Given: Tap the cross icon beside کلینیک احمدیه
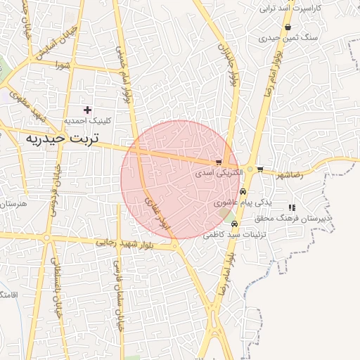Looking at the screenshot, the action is pyautogui.click(x=88, y=110).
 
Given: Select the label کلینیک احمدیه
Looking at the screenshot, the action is pyautogui.click(x=88, y=121).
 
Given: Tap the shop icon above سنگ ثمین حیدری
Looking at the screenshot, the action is pyautogui.click(x=288, y=27).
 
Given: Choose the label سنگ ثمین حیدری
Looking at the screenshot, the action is pyautogui.click(x=288, y=38).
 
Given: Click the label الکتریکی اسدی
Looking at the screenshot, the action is pyautogui.click(x=219, y=172).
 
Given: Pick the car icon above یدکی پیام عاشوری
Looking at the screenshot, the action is pyautogui.click(x=243, y=192).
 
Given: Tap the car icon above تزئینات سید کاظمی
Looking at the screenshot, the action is pyautogui.click(x=245, y=224).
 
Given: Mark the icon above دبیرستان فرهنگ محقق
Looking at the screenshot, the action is pyautogui.click(x=291, y=207).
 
